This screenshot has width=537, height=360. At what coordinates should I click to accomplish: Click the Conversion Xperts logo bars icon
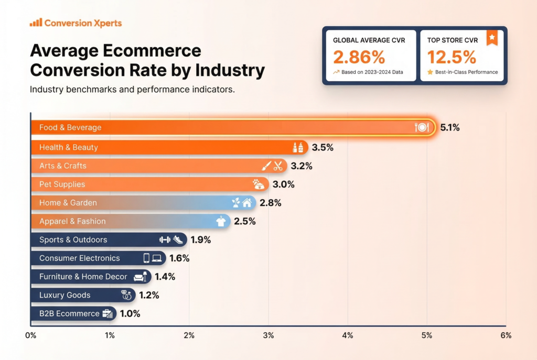36,23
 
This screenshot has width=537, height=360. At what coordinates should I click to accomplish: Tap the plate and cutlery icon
422,127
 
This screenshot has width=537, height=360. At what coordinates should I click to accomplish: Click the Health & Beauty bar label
68,147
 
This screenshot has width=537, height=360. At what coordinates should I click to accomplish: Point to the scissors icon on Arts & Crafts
278,166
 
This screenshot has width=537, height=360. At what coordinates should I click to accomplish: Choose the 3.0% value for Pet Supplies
283,184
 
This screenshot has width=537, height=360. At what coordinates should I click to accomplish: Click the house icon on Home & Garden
247,203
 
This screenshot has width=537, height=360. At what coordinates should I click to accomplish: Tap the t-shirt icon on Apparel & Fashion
221,222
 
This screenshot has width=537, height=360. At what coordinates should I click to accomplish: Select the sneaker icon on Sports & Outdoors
178,240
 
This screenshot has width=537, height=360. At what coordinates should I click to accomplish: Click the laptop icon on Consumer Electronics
157,258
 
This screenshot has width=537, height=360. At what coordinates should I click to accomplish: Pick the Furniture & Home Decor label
83,277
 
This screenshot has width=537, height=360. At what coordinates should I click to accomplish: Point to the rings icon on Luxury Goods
126,295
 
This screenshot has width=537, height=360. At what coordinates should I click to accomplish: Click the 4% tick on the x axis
347,335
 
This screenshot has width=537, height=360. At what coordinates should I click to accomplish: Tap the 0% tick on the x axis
30,335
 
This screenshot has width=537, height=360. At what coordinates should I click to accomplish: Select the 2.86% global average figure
359,57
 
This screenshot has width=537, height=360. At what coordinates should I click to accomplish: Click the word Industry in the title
230,70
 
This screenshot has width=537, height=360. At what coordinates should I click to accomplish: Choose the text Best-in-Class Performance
467,72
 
